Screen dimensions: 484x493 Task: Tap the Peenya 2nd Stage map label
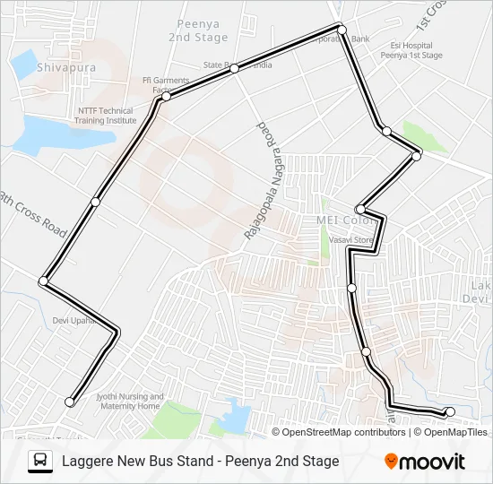tap(198, 31)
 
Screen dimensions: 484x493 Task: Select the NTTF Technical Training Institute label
tap(106, 115)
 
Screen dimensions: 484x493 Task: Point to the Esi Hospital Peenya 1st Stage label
tap(417, 50)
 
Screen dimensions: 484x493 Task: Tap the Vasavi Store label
tap(350, 240)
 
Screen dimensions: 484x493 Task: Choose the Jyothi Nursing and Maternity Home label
tap(130, 402)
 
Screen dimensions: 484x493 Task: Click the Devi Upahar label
tap(73, 320)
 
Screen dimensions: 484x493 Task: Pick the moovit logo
tap(425, 462)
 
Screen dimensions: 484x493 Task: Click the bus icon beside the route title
tap(40, 462)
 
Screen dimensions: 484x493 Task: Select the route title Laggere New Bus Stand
tap(200, 462)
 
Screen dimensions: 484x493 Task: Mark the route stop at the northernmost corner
tap(341, 28)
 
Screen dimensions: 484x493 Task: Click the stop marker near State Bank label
tap(234, 68)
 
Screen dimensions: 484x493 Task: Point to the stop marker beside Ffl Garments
tap(166, 96)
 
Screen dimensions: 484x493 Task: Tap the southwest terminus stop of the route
tap(69, 402)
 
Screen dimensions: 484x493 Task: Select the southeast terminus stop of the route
tap(450, 411)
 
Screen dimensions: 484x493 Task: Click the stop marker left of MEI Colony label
tap(360, 209)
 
